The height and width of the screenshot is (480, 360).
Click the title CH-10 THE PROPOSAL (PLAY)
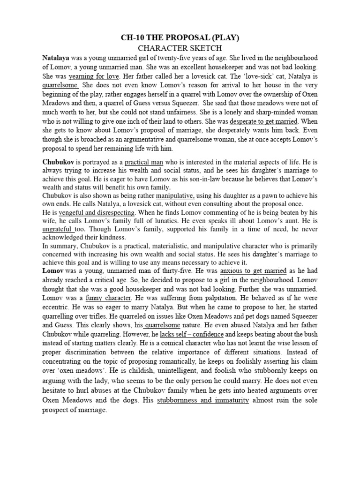coord(180,38)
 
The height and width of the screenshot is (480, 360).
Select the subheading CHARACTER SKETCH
coord(180,48)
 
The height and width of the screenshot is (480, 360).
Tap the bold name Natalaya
coord(56,58)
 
